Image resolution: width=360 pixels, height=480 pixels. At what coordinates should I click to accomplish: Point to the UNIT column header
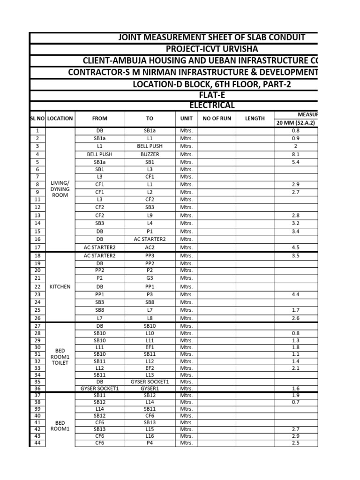click(186, 119)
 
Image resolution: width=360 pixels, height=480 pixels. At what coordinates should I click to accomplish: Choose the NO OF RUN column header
click(217, 119)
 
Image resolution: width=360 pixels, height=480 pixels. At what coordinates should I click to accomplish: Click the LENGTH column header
click(255, 119)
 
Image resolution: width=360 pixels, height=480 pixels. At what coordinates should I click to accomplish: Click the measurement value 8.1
click(295, 154)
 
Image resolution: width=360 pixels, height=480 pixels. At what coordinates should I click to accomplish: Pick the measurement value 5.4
click(295, 162)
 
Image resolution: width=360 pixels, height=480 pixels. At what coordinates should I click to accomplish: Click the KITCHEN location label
click(60, 286)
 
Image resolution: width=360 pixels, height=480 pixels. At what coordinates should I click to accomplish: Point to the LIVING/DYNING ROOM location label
click(60, 188)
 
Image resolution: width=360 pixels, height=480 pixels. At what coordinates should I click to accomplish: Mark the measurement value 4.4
click(295, 294)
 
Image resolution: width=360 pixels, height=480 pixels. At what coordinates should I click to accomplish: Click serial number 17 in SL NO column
click(37, 247)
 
